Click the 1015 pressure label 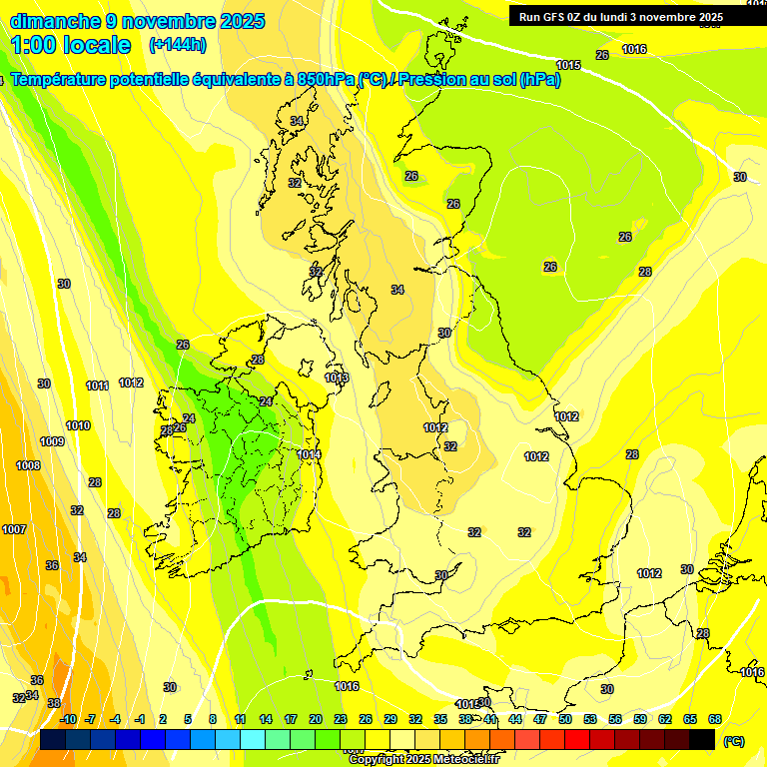pos(568,65)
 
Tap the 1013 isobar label pos(337,379)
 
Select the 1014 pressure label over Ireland pos(309,454)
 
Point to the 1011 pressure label pos(97,385)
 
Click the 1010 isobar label pos(78,425)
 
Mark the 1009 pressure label pos(52,441)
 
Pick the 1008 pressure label pos(28,465)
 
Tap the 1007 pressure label pos(14,529)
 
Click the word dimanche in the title pos(55,21)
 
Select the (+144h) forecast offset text pos(177,45)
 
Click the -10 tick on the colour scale pos(68,719)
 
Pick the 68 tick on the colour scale pos(715,719)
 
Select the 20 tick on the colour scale pos(316,719)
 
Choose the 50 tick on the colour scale pos(565,719)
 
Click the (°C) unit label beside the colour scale pos(734,741)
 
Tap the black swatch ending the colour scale pos(702,740)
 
